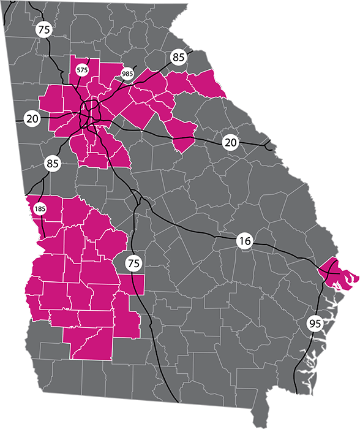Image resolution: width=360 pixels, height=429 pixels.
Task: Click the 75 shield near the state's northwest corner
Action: tap(43, 29)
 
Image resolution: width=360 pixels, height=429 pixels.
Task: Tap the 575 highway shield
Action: tap(83, 70)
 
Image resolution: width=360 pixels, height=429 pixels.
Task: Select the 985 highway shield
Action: tap(127, 74)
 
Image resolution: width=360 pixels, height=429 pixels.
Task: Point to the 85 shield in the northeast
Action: tap(178, 58)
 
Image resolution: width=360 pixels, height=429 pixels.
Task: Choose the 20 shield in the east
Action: tap(230, 143)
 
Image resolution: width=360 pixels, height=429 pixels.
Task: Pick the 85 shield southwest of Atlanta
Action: tap(52, 164)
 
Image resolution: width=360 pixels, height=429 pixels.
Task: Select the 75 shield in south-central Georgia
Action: tap(133, 264)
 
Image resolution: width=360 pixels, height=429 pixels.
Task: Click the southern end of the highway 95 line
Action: tap(295, 392)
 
